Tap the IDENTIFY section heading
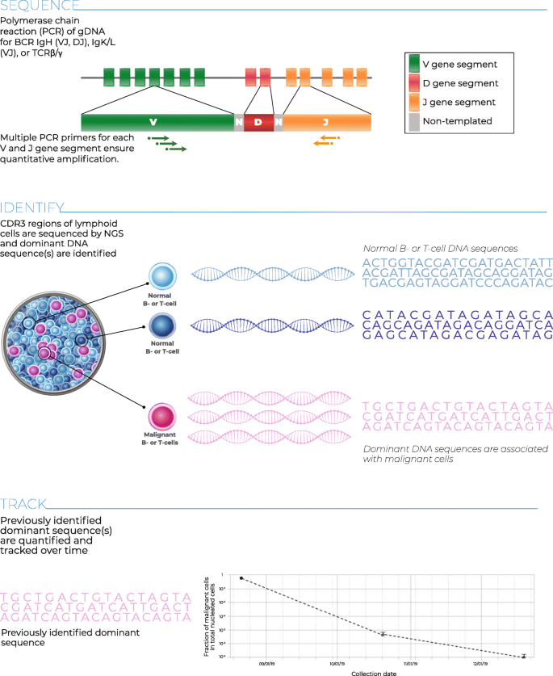click(33, 208)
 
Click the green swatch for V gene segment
click(414, 64)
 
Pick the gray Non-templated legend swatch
click(414, 121)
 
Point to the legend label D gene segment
click(460, 83)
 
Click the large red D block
click(258, 122)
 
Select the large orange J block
click(326, 122)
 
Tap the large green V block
click(153, 122)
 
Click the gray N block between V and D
click(238, 122)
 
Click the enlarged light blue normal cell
click(162, 275)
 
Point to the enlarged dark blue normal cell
click(162, 326)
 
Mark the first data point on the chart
click(241, 578)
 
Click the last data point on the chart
click(524, 656)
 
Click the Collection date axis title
click(373, 672)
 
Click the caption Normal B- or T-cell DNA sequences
click(439, 249)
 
